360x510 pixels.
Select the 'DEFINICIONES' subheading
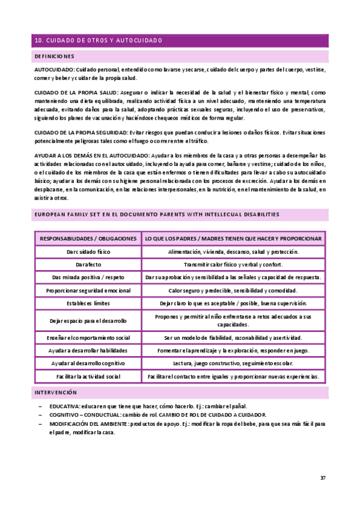[x=55, y=57]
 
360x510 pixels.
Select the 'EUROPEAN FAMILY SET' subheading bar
[x=157, y=215]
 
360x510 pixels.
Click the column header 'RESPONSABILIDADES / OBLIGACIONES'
[x=88, y=239]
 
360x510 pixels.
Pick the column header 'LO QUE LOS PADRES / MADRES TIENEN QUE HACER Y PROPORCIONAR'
[x=234, y=239]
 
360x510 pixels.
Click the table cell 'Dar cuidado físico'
[x=88, y=252]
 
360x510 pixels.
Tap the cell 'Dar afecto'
[x=88, y=265]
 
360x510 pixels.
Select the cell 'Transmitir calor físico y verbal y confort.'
[x=234, y=265]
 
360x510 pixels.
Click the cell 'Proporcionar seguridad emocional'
[x=88, y=290]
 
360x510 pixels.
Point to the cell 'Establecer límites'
[x=88, y=303]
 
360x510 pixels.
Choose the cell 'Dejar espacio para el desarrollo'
[x=88, y=320]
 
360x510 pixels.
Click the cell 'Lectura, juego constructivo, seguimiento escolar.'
[x=234, y=363]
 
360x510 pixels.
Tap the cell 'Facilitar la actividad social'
[x=88, y=376]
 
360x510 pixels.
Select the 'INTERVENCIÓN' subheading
[x=56, y=392]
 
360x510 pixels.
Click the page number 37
[x=323, y=478]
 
